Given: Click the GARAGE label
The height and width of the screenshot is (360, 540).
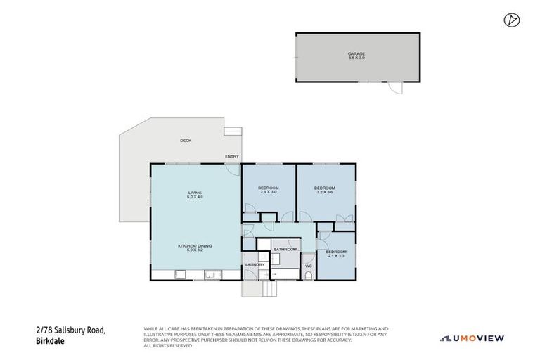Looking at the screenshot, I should [356, 53].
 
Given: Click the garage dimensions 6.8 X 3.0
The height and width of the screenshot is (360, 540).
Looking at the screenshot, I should [356, 58].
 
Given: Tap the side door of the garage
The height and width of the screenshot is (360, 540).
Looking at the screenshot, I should [397, 87].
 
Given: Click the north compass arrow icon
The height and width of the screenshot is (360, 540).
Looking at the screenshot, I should [511, 20].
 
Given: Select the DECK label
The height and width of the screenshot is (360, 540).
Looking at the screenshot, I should [186, 141].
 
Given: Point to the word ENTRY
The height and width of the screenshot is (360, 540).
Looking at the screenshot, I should [231, 156].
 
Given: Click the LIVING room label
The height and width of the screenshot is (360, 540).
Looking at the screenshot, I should [195, 193].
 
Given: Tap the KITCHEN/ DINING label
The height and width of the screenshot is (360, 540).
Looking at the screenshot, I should [195, 245].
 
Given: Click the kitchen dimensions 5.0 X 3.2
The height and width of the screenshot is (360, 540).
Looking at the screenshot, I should [195, 250].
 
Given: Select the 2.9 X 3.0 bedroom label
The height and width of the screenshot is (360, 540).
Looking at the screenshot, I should [268, 190].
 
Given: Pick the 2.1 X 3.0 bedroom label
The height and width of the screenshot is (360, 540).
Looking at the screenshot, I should [336, 254].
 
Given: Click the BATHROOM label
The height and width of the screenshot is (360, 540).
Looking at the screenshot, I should [285, 250].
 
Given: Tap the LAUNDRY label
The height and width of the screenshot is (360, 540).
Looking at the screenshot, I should [255, 264].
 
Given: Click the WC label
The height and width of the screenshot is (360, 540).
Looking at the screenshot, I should [308, 266].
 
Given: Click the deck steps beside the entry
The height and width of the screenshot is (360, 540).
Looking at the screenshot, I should [232, 131].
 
